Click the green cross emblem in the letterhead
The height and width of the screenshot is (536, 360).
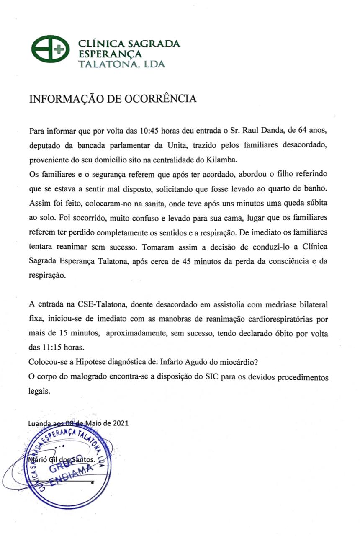pos(51,49)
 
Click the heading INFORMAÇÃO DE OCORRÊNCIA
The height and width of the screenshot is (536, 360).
pos(113,99)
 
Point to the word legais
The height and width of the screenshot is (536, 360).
pos(40,391)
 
